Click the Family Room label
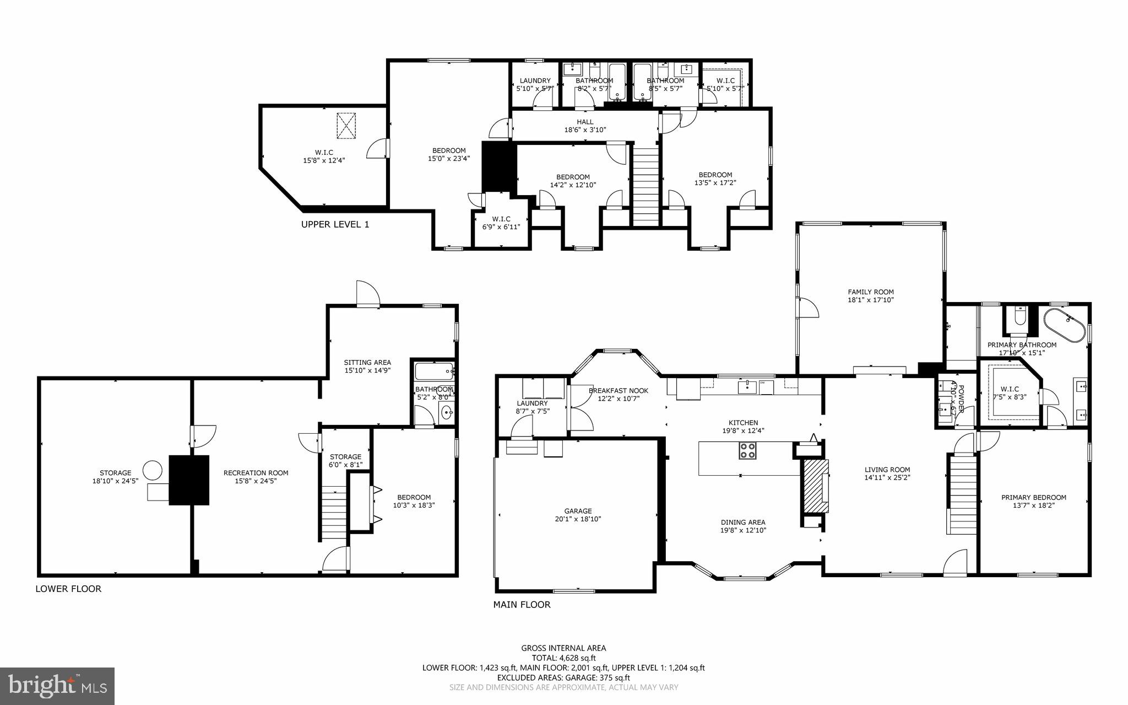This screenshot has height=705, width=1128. point(870,292)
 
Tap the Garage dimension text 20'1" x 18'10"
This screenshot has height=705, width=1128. point(578,519)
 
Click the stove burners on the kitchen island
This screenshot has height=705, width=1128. point(747,450)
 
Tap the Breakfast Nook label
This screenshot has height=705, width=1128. point(618,391)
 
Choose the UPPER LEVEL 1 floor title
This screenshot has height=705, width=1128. point(335,224)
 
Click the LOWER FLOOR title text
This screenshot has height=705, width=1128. point(68,589)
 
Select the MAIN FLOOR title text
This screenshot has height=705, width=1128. point(521,605)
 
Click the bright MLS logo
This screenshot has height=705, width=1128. point(57,686)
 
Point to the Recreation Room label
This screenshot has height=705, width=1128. point(256,473)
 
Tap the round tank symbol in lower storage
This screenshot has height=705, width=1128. point(153,470)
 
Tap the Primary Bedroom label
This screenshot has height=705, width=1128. point(1033,497)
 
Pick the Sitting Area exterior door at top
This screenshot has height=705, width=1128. point(367,295)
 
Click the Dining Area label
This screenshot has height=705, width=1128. point(743,523)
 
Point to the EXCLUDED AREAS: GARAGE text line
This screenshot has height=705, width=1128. point(563,677)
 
